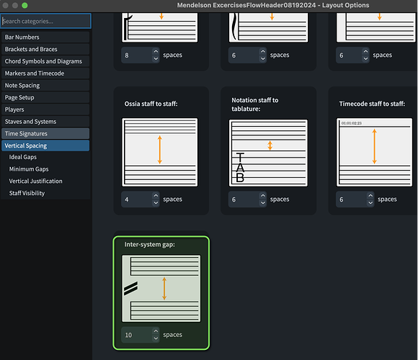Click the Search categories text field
pyautogui.click(x=45, y=21)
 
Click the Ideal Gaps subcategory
pyautogui.click(x=23, y=157)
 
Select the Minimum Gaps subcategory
pyautogui.click(x=29, y=169)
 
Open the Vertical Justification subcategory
pyautogui.click(x=36, y=181)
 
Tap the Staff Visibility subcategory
pyautogui.click(x=27, y=193)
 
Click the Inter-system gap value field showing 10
pyautogui.click(x=137, y=335)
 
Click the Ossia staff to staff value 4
pyautogui.click(x=137, y=199)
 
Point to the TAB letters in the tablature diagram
pyautogui.click(x=240, y=168)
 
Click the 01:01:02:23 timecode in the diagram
pyautogui.click(x=352, y=123)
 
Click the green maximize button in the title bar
pyautogui.click(x=25, y=5)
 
